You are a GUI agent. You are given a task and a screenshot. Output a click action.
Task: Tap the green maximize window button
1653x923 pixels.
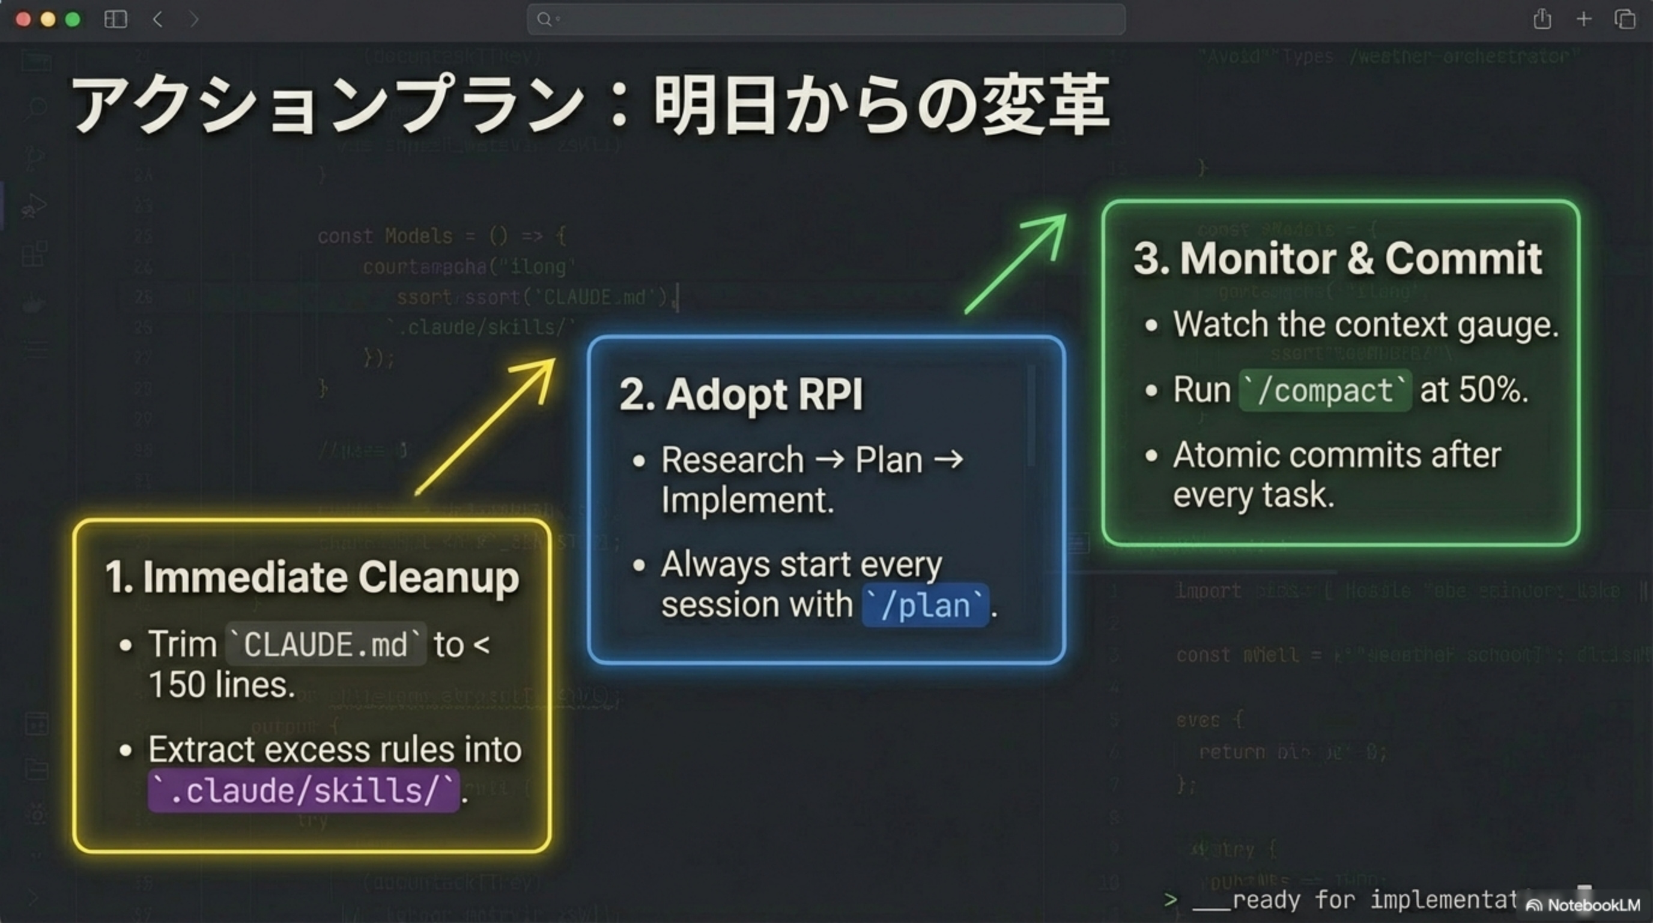pos(73,19)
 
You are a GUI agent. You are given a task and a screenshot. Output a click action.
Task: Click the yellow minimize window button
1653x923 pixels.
pos(48,19)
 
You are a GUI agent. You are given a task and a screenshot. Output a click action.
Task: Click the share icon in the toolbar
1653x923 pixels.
pos(1542,19)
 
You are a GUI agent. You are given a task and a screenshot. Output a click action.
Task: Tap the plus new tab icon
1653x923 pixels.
pos(1584,19)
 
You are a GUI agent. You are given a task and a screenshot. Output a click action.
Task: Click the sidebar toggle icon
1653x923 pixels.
pos(115,19)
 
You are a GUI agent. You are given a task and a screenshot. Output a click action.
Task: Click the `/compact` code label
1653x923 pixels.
pos(1325,390)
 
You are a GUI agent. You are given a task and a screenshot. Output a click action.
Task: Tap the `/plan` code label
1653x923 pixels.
pos(924,605)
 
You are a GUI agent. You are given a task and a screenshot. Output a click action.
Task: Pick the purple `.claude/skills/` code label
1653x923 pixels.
pos(303,790)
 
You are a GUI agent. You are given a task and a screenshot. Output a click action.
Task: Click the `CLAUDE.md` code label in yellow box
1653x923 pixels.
pos(326,644)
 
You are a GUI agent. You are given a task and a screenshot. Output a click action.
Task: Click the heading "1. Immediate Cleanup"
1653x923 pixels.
pos(312,576)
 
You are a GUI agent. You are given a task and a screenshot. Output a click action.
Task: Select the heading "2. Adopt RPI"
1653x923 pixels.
pos(741,394)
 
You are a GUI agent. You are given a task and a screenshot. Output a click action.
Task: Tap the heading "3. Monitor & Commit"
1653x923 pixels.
pos(1338,258)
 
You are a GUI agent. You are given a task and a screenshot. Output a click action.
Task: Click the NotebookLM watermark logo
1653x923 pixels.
pos(1585,905)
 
